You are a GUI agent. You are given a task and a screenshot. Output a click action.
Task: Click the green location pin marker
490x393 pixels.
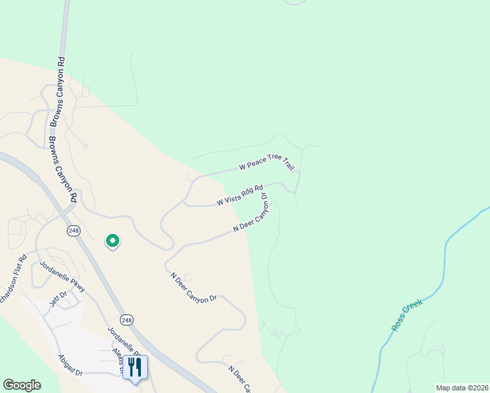(x=113, y=241)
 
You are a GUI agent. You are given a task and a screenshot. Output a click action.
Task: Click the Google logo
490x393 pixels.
(x=22, y=385)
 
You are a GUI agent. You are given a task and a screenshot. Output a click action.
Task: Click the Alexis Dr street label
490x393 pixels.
(x=118, y=360)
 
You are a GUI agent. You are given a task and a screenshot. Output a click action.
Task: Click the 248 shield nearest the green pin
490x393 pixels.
(x=73, y=231)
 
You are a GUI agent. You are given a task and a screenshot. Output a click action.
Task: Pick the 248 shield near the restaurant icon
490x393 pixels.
(x=127, y=320)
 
